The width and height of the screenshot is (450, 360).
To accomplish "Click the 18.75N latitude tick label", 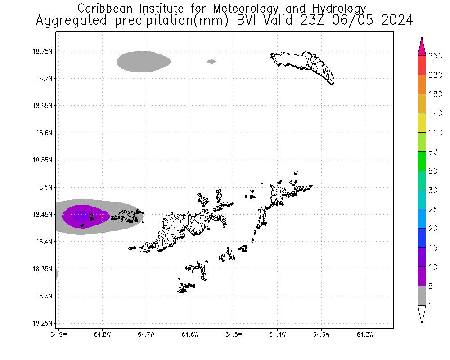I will [45, 51].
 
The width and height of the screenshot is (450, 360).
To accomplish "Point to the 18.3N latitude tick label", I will [46, 296].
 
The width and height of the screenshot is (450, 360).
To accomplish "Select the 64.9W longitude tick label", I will [59, 334].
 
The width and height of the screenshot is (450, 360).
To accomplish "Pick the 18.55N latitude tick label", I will [45, 160].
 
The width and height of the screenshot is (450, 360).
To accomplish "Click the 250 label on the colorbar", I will [436, 56].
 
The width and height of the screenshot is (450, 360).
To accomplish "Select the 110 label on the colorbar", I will [436, 133].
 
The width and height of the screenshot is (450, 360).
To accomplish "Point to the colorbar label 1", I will [431, 306].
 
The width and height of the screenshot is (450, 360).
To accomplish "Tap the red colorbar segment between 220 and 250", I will [422, 65].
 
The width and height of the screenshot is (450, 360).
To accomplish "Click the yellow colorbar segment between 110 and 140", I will [422, 123].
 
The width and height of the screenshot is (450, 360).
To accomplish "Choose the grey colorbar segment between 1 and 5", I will [422, 296].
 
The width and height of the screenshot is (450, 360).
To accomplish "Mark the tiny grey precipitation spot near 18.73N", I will [211, 62].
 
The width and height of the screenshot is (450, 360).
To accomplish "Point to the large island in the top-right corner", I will [306, 65].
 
